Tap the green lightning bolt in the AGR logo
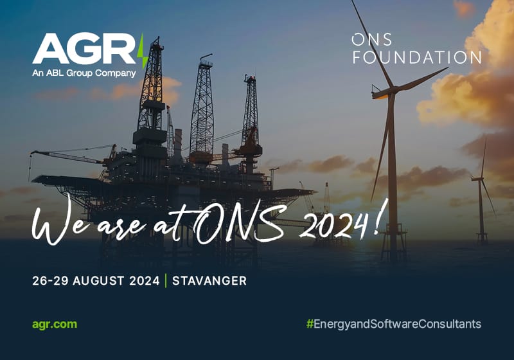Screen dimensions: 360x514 point(143,51)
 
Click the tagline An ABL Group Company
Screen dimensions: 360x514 point(84,73)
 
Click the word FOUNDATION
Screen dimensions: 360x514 point(416,57)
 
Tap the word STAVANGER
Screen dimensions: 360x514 point(209,281)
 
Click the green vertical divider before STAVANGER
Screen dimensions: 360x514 point(166,281)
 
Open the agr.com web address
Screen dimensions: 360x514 point(55,323)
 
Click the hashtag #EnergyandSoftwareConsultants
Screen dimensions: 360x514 point(393,323)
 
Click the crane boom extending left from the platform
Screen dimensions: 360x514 point(64,156)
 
